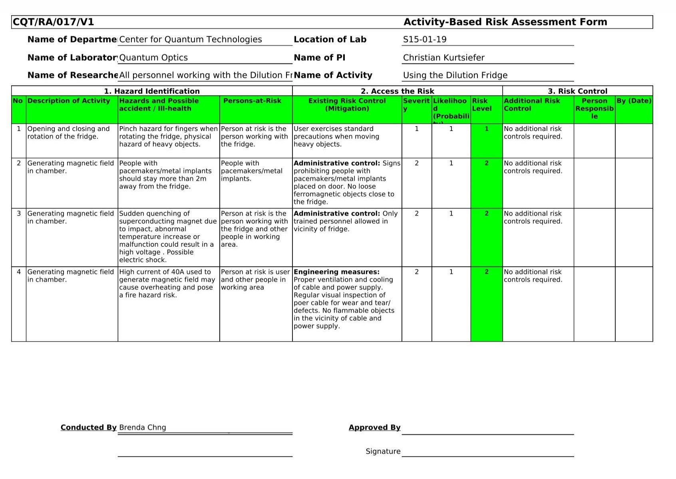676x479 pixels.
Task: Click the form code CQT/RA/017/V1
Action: coord(54,22)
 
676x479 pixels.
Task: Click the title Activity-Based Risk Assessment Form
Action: coord(505,22)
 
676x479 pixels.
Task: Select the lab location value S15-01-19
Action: coord(425,40)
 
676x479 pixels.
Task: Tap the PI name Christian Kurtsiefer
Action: coord(443,57)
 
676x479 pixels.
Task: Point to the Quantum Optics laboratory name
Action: coord(153,57)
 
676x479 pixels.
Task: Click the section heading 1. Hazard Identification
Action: coord(152,91)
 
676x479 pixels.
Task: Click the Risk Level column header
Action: coord(481,105)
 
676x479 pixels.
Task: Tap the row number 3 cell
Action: coord(19,214)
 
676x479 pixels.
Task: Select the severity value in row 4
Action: coord(417,272)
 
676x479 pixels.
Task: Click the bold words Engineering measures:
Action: coord(336,272)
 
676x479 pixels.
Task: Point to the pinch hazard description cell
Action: coord(168,137)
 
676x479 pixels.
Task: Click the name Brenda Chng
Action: coord(142,428)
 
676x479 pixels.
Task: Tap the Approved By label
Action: coord(374,428)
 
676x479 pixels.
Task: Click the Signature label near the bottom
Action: coord(383,451)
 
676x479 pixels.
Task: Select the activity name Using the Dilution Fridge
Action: coord(455,75)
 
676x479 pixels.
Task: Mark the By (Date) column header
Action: coord(634,101)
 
